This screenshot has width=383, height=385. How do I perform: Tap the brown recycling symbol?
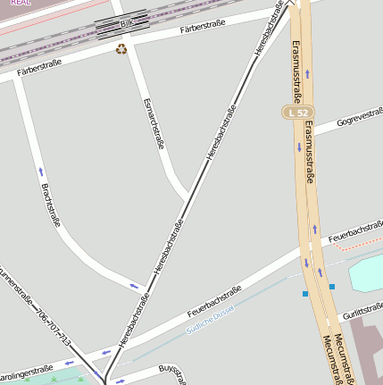pyautogui.click(x=121, y=49)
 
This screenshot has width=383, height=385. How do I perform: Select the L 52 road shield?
pyautogui.click(x=297, y=112)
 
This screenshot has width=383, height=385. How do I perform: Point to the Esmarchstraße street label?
pyautogui.click(x=154, y=122)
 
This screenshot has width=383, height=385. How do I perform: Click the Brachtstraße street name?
pyautogui.click(x=51, y=205)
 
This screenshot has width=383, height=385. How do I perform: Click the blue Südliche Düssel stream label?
pyautogui.click(x=209, y=318)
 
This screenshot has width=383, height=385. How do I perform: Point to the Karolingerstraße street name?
pyautogui.click(x=27, y=370)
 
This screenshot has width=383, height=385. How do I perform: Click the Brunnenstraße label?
pyautogui.click(x=12, y=285)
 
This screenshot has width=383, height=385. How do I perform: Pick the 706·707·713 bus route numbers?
pyautogui.click(x=53, y=329)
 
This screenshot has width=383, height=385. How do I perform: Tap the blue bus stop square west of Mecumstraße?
pyautogui.click(x=305, y=293)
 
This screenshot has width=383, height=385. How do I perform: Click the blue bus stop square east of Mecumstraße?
pyautogui.click(x=332, y=287)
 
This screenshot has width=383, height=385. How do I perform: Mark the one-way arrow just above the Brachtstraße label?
pyautogui.click(x=40, y=171)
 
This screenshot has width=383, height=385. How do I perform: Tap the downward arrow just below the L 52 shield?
pyautogui.click(x=299, y=147)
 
